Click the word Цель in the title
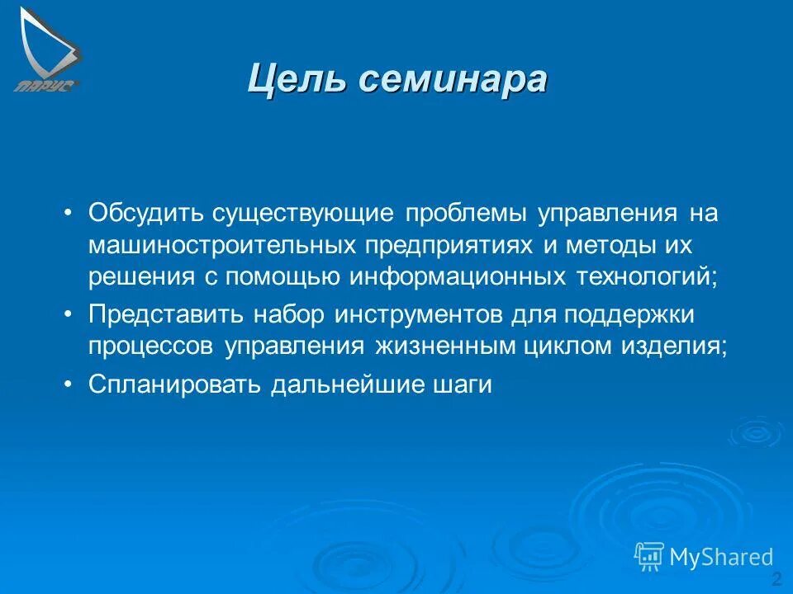pos(296,80)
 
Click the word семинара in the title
pos(452,80)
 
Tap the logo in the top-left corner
pos(47,49)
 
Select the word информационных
pos(456,276)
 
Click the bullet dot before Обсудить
pos(69,214)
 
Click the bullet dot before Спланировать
pos(69,385)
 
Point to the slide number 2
pos(776,577)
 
